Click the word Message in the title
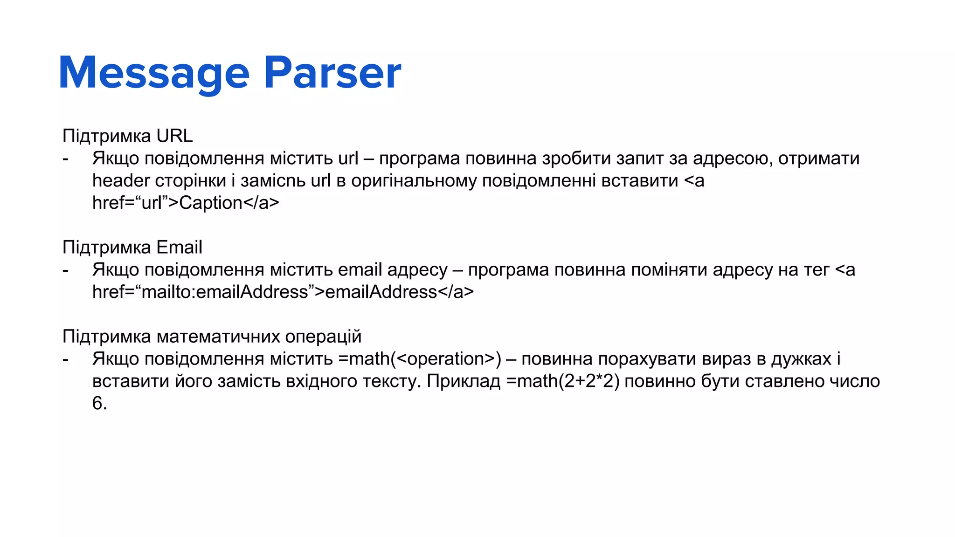coord(154,73)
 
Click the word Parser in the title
coord(332,73)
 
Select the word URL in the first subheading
coord(174,136)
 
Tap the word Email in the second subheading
coord(179,248)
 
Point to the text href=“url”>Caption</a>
coord(186,203)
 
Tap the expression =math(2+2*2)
coord(563,381)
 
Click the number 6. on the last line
coord(99,404)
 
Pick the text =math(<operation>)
coord(420,359)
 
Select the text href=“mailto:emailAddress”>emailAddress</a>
coord(283,292)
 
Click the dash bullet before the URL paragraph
coord(66,159)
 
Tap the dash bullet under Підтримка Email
coord(66,270)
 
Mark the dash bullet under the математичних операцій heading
coord(66,359)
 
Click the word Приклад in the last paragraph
coord(464,381)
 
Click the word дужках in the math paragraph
coord(801,359)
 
